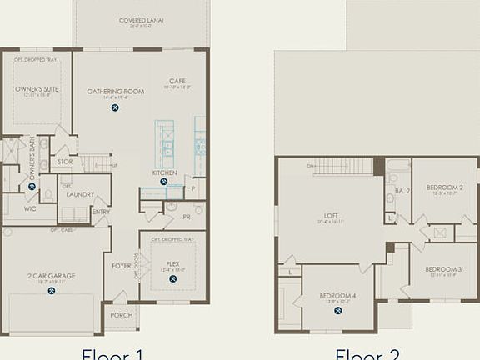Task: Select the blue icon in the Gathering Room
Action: coord(115,107)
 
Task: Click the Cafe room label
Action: coord(177,81)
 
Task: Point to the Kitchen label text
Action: coord(164,172)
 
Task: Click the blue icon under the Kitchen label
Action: coord(164,182)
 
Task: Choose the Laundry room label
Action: coord(81,194)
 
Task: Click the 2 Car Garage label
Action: coord(52,275)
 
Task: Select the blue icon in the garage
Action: coord(52,291)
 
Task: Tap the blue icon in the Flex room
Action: coord(172,278)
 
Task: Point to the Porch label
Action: coord(122,315)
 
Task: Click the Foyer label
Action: coord(122,266)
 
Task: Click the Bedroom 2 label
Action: coord(444,187)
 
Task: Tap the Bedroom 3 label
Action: coord(443,269)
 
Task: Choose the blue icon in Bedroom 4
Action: coord(338,310)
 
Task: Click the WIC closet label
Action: coord(30,209)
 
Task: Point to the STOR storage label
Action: coord(64,162)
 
